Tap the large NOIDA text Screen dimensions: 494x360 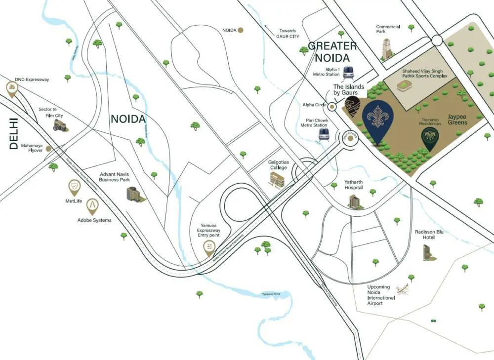tap(128, 119)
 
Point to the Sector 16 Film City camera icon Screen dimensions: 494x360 tap(60, 125)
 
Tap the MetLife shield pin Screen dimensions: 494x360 tap(74, 187)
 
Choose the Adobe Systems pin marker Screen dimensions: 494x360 tap(92, 206)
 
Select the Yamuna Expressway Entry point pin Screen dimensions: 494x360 tap(210, 248)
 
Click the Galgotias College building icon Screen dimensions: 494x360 tap(278, 180)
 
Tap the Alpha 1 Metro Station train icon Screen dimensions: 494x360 tap(349, 72)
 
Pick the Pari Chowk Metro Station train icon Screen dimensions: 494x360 tap(324, 134)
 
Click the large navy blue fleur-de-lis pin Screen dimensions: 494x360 tap(378, 119)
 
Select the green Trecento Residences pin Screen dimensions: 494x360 tap(430, 138)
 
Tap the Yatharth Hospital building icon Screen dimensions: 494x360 tap(354, 201)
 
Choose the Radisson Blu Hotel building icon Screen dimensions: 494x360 tap(427, 252)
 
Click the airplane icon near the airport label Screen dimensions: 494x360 tap(403, 289)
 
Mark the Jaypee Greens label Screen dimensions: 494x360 tap(457, 119)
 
